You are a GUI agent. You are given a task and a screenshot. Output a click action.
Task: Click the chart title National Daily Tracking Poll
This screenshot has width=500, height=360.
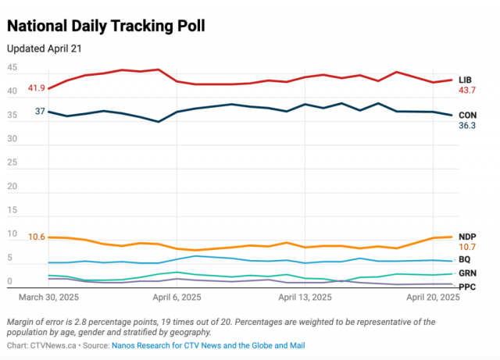click(106, 26)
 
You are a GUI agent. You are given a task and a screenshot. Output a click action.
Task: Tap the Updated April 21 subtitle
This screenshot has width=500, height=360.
click(45, 48)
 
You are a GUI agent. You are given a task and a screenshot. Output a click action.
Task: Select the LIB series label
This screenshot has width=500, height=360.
click(466, 80)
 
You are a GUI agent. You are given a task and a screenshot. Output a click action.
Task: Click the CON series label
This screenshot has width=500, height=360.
click(468, 114)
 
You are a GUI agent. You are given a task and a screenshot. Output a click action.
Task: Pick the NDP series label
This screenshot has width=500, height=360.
click(468, 236)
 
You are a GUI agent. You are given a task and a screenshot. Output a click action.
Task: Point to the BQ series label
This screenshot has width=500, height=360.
click(465, 258)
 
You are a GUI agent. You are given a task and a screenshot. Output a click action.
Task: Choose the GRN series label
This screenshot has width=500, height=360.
click(467, 273)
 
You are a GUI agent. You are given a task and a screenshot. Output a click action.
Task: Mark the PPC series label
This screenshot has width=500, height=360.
click(466, 287)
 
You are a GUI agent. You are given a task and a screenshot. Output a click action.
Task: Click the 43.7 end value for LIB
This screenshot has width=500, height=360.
click(467, 91)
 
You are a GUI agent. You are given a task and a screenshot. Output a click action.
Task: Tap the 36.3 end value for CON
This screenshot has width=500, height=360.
click(467, 125)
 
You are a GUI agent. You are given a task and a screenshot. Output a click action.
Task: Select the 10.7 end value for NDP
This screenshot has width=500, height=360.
click(467, 247)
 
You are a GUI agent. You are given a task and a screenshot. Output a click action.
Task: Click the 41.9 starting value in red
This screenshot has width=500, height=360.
click(36, 88)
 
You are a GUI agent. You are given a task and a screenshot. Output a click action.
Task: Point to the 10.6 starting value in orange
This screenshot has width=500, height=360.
click(36, 237)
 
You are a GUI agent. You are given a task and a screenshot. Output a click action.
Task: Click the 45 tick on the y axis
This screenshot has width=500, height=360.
click(12, 68)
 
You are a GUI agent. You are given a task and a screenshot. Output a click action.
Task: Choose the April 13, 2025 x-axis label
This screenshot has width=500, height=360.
click(305, 298)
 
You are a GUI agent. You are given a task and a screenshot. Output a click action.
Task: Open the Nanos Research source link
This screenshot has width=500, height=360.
click(208, 344)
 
